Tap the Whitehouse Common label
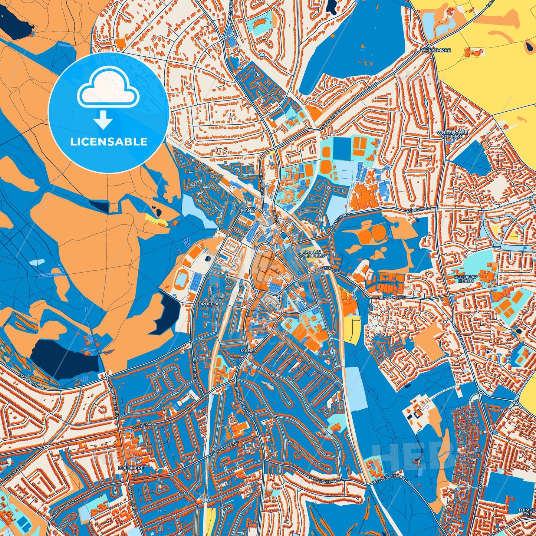452,134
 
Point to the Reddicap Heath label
465,279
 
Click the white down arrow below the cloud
103,121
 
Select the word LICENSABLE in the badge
109,142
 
